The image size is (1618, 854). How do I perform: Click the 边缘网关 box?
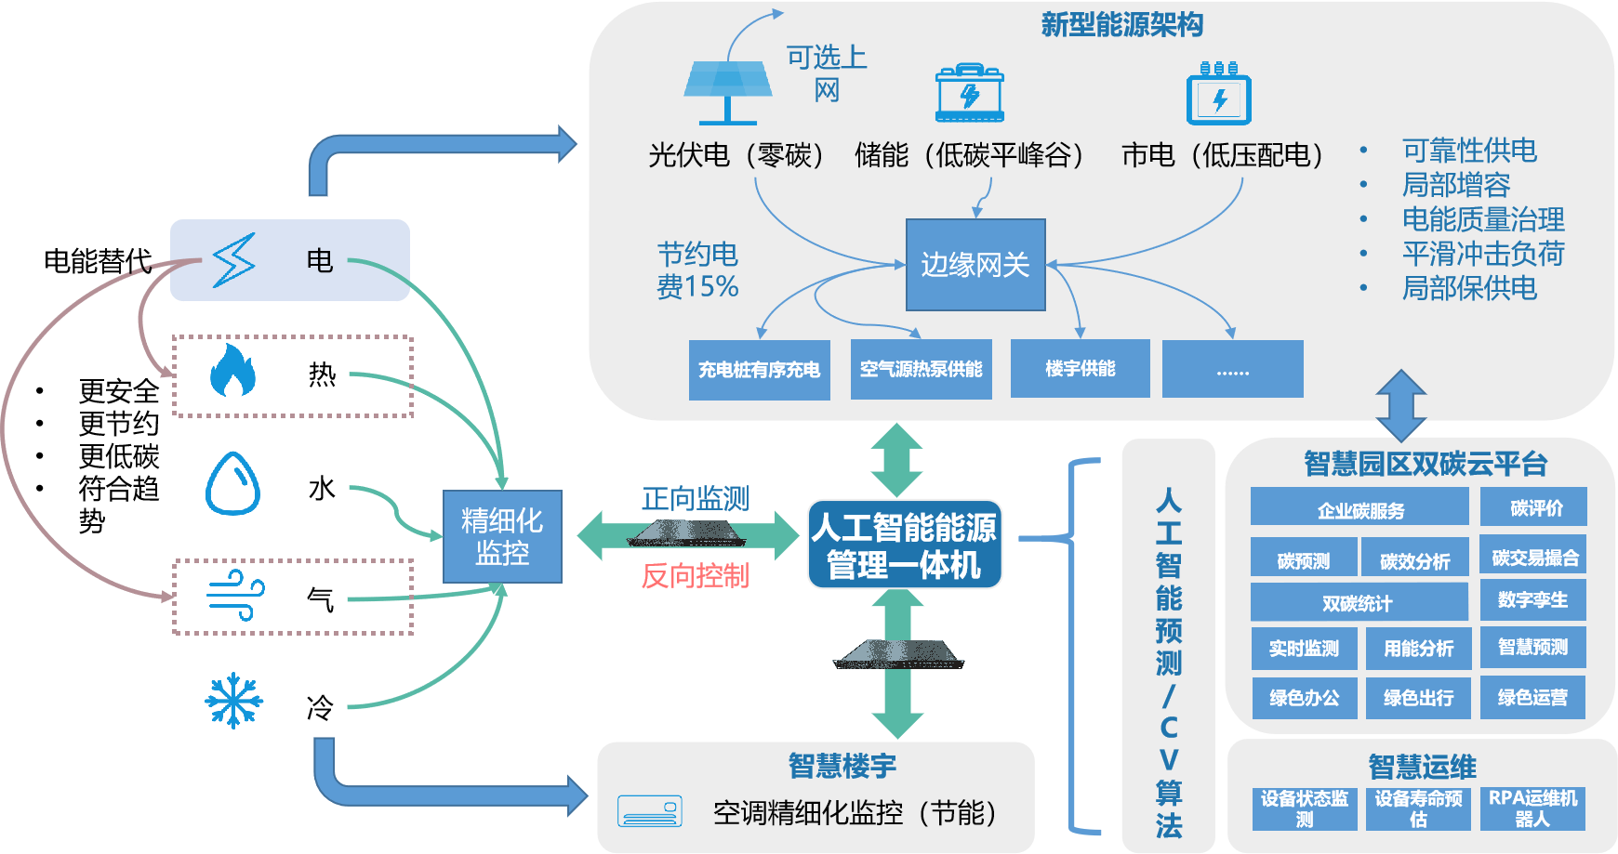975,265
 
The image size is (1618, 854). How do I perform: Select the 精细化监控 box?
502,536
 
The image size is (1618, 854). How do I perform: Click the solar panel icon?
727,91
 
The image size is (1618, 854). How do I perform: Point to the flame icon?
232,371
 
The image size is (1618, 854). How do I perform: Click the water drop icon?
232,483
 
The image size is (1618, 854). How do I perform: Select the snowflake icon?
233,701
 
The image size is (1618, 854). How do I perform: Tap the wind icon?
235,596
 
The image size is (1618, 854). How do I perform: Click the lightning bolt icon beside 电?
233,260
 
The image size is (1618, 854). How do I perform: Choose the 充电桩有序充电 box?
759,370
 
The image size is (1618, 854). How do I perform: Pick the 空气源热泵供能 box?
921,369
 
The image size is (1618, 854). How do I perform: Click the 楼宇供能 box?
1080,369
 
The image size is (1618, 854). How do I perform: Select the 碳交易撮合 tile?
1534,558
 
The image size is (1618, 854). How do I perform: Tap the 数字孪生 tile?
1532,600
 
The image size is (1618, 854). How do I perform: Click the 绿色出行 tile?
1418,698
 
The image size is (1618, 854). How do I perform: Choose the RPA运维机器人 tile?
1532,808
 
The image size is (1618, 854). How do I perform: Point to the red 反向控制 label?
695,576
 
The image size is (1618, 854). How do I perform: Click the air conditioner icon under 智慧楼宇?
649,811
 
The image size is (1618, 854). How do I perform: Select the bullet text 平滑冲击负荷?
1482,254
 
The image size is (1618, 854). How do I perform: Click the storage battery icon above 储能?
969,93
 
